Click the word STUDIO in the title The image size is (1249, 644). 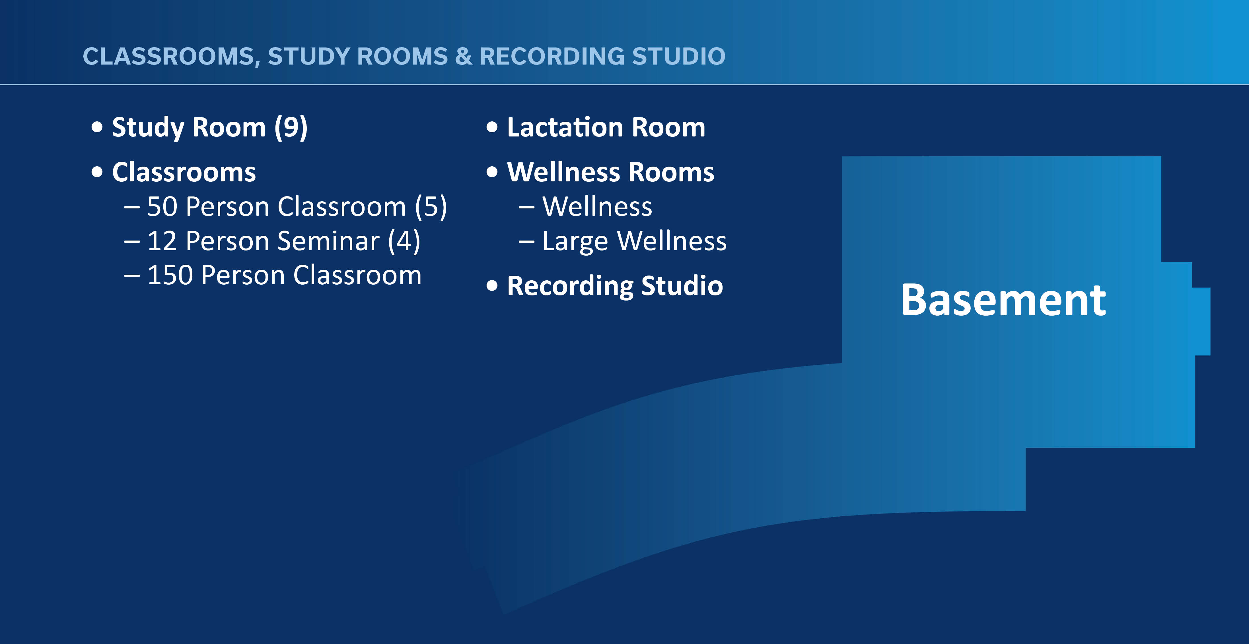coord(678,56)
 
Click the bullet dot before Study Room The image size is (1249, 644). coord(97,127)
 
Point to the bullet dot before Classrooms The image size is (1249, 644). coord(97,172)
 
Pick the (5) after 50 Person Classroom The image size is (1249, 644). coord(431,207)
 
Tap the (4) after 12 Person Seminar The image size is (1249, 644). coord(404,241)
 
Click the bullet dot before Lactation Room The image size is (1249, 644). coord(492,127)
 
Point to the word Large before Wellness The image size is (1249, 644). coord(575,241)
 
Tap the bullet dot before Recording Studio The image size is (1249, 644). coord(492,286)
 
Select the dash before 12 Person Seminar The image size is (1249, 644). coord(132,241)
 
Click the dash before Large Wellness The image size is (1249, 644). coord(526,241)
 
